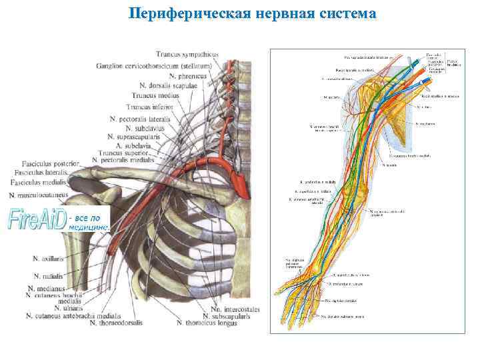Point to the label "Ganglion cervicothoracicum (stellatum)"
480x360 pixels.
tap(154, 65)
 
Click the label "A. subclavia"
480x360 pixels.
tap(137, 145)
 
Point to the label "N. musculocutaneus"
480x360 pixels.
tap(39, 195)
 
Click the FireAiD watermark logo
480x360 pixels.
tap(37, 219)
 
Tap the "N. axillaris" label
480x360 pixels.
tap(48, 257)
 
